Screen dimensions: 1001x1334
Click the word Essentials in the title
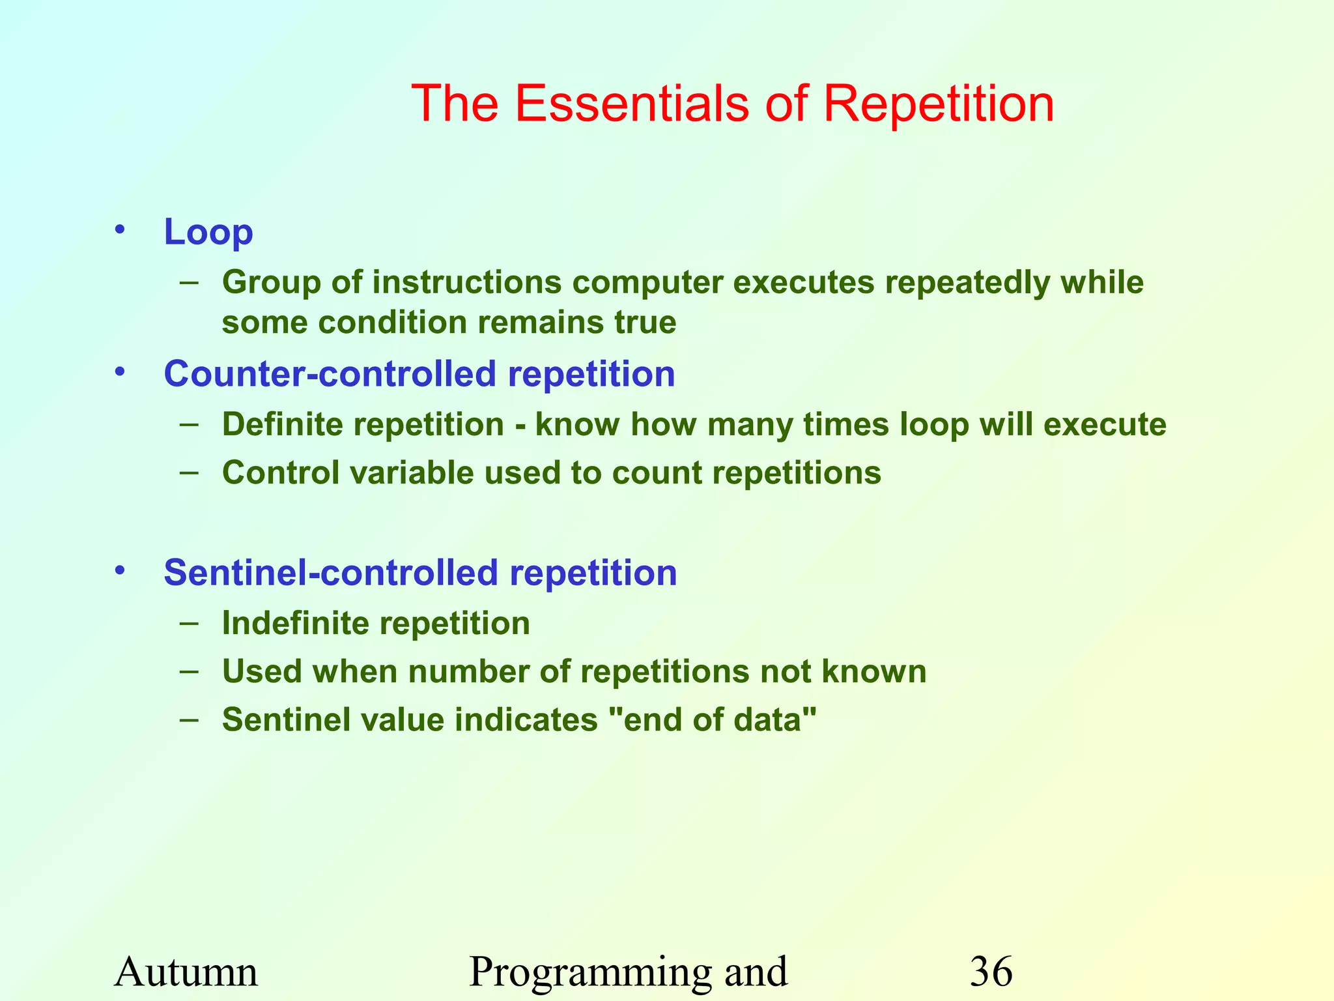pos(631,104)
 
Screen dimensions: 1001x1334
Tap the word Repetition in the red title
pos(938,104)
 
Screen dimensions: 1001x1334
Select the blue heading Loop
pos(208,232)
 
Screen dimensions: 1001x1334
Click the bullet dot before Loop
pos(119,229)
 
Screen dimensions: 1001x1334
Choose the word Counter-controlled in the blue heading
pos(330,374)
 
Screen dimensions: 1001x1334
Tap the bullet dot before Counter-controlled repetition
pos(119,371)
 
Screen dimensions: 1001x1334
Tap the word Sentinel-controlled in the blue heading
pos(331,573)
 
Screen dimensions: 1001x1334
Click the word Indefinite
pos(296,624)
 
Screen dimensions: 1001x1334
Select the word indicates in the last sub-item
pos(526,720)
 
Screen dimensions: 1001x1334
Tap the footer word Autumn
pos(186,972)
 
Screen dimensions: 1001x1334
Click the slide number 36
pos(991,972)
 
